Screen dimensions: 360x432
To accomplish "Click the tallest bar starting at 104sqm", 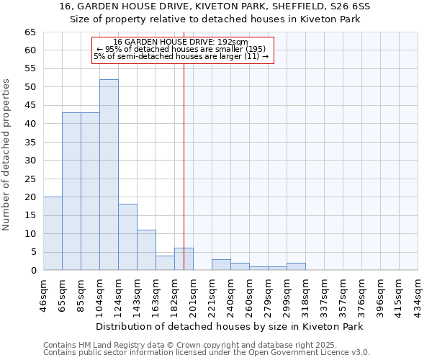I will [x=109, y=175].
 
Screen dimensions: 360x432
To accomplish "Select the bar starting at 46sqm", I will [x=53, y=233].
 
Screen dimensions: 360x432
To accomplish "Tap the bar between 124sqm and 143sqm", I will [x=127, y=237].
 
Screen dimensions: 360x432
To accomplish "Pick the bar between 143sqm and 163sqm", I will [x=146, y=250].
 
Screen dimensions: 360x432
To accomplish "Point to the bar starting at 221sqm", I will [x=221, y=264].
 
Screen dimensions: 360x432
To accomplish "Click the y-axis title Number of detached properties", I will [x=7, y=155].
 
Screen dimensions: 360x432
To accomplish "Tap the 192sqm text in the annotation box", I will [x=233, y=42].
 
